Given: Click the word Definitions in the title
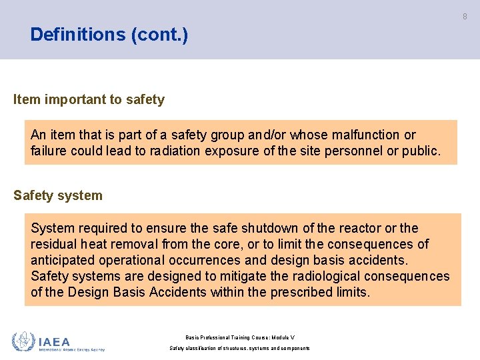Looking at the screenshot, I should click(x=79, y=35).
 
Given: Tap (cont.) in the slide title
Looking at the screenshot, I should click(x=160, y=35).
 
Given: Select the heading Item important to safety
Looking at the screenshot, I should click(x=89, y=100).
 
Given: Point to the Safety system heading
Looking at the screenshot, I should click(x=58, y=195).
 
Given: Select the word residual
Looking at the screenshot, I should click(x=54, y=244).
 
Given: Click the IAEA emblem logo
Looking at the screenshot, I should click(x=23, y=341).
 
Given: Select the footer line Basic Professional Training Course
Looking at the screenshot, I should click(x=239, y=338).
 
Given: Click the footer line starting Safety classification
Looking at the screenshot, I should click(x=239, y=348).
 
